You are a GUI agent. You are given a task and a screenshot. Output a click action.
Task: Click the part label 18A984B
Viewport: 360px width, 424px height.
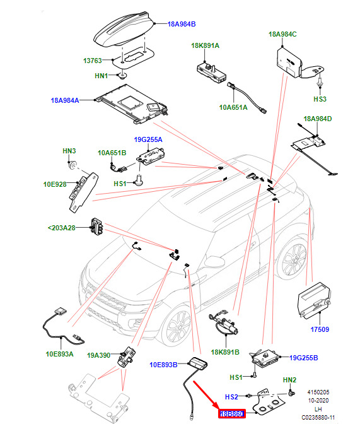click(x=182, y=24)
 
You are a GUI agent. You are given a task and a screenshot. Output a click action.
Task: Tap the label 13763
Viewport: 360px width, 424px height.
click(x=93, y=61)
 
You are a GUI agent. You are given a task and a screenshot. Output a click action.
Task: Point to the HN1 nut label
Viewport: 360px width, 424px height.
click(x=101, y=76)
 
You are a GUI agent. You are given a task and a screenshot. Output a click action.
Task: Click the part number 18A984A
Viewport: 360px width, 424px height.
click(x=65, y=100)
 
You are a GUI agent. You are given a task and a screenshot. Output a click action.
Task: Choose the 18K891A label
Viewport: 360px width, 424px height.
click(x=205, y=45)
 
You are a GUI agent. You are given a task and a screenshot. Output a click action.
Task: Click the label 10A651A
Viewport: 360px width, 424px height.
click(x=233, y=107)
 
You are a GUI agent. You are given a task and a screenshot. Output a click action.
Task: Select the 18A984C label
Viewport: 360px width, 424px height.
click(x=282, y=34)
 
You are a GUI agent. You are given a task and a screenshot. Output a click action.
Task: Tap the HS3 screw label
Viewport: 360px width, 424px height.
click(x=320, y=99)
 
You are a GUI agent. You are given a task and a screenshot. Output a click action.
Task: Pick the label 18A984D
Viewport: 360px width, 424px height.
click(x=318, y=119)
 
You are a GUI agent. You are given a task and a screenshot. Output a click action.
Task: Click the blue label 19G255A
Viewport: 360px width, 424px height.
click(x=148, y=139)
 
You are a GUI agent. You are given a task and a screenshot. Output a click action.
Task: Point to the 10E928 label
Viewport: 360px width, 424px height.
click(x=55, y=184)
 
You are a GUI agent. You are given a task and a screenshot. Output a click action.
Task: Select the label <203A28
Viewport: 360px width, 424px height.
click(x=61, y=228)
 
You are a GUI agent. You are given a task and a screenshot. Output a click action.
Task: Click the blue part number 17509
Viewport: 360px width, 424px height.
click(x=320, y=329)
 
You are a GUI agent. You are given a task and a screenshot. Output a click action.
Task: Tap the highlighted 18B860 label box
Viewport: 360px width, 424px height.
click(x=232, y=414)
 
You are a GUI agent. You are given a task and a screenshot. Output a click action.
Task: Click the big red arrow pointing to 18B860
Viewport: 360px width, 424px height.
click(x=207, y=395)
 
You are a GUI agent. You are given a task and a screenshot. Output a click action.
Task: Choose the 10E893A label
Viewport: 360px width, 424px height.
click(x=59, y=354)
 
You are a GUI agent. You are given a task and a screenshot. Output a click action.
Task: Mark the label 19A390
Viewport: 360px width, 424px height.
click(x=98, y=355)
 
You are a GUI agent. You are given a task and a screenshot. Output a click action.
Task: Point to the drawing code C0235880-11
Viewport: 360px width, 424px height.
click(x=318, y=418)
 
